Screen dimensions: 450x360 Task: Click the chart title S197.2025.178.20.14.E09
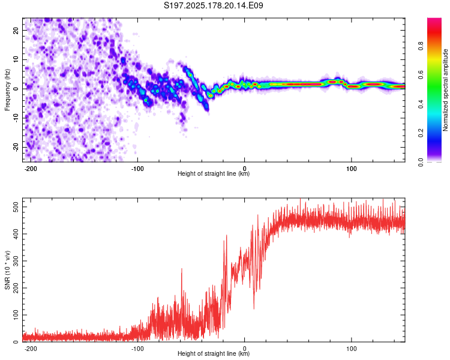coord(213,5)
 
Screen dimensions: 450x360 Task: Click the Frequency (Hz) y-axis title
coord(7,90)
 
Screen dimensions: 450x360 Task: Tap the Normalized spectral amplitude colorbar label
coord(445,90)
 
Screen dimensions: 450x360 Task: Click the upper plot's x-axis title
coord(214,173)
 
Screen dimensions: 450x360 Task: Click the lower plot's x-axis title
coord(214,353)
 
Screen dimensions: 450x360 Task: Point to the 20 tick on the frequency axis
coord(16,30)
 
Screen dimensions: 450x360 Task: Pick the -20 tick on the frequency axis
coord(16,147)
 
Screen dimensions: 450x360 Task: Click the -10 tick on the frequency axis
coord(16,118)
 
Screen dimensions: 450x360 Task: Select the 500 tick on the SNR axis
coord(16,207)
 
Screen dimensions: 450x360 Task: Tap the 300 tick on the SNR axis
coord(16,261)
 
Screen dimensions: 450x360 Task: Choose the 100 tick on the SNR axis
coord(16,315)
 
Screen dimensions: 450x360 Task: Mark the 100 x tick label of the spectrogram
coord(351,169)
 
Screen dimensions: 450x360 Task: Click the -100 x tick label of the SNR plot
coord(137,349)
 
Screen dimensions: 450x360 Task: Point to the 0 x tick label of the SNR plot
coord(245,349)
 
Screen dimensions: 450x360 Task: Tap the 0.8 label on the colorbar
coord(421,46)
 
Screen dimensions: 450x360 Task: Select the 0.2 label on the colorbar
coord(421,133)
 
